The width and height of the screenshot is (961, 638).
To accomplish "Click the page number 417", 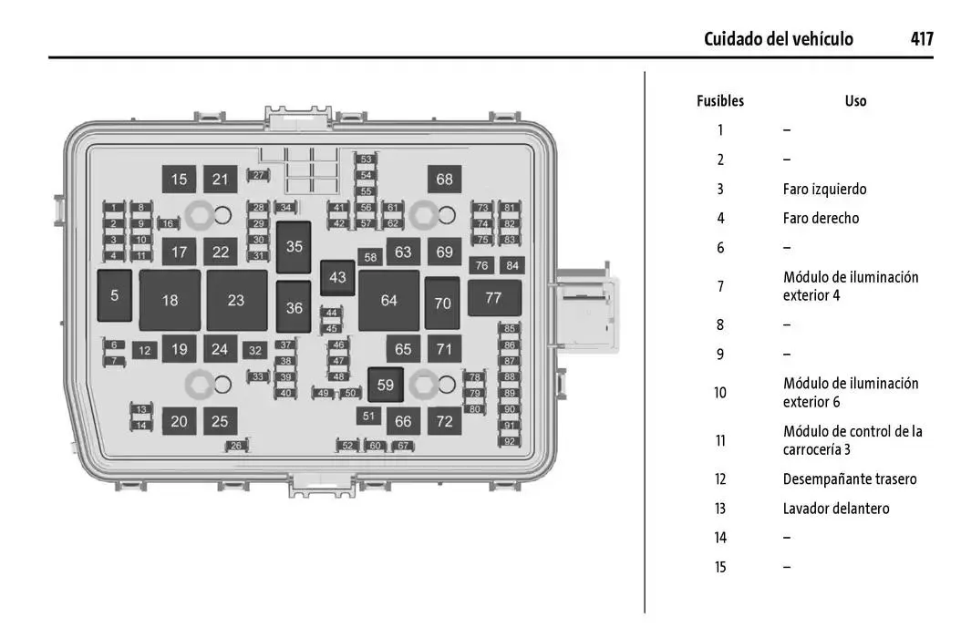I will [x=921, y=39].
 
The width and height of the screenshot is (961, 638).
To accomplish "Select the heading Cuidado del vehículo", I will [x=778, y=39].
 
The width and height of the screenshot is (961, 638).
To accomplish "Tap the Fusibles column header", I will [x=719, y=101].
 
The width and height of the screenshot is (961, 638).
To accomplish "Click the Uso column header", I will [x=855, y=101].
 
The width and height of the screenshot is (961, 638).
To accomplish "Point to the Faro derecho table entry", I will [x=821, y=219].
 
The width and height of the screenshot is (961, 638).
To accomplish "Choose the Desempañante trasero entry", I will [x=850, y=479].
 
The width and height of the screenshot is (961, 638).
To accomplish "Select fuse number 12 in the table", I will [x=719, y=479].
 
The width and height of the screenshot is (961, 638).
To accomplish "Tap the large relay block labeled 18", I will [x=170, y=301].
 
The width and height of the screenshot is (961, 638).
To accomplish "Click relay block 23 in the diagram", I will [x=236, y=301].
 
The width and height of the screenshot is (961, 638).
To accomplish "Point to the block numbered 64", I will [x=389, y=301].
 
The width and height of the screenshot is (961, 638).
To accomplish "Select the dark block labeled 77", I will [x=493, y=298].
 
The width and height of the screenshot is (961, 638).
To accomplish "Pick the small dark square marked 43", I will [x=338, y=277].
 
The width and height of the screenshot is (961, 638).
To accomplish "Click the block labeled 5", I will [x=115, y=295].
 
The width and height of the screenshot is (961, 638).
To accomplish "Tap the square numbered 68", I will [x=444, y=180].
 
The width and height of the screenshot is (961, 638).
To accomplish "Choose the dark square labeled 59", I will [x=386, y=386].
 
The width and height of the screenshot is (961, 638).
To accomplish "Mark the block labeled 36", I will [x=294, y=308].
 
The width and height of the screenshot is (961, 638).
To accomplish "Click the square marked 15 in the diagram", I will [x=179, y=180].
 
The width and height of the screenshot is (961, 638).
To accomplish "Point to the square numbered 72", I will [x=444, y=421].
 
